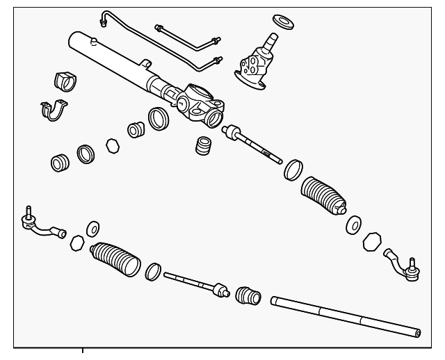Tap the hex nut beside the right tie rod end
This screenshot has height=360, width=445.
click(x=373, y=241)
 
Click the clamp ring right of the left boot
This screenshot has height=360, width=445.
click(x=153, y=272)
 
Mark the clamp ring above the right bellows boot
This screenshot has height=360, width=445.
click(x=293, y=170)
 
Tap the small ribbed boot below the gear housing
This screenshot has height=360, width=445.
click(x=204, y=148)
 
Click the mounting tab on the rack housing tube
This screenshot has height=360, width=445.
click(x=145, y=65)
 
